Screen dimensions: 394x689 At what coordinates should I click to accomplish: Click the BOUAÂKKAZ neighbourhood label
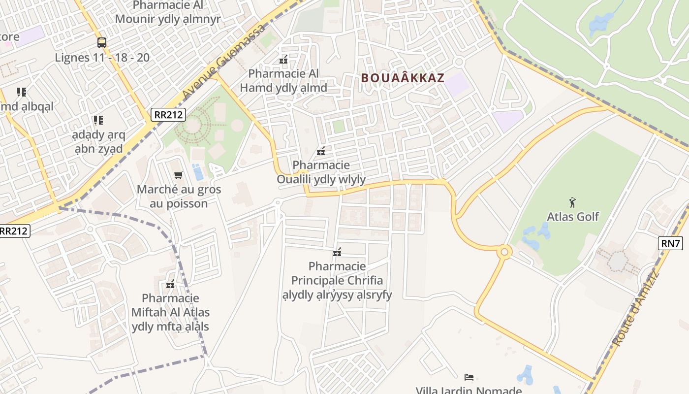click(403, 78)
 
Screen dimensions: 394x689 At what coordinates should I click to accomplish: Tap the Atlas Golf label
click(573, 216)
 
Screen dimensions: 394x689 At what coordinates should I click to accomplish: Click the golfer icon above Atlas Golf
click(572, 202)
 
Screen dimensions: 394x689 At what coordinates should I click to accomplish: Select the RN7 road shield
click(670, 243)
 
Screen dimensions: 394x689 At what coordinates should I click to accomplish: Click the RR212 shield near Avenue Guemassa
click(168, 115)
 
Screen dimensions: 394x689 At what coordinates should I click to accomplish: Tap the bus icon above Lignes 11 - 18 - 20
click(101, 43)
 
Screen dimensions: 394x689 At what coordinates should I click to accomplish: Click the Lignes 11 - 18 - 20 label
click(102, 57)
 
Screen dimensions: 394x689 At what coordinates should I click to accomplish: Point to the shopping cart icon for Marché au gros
click(179, 175)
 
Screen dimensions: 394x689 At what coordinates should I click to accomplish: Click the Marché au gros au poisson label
click(179, 196)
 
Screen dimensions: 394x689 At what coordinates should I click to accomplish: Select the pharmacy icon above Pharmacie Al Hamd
click(283, 60)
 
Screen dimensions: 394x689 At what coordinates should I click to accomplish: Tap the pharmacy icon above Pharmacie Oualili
click(321, 151)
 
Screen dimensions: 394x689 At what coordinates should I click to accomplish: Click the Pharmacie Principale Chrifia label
click(337, 280)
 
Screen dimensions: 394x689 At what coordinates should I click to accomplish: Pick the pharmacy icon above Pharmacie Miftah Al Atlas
click(170, 284)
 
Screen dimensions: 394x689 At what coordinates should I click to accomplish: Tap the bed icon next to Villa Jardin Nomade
click(469, 377)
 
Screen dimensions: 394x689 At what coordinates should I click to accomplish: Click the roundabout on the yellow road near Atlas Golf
click(504, 252)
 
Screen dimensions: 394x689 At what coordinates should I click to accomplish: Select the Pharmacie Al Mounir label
click(168, 12)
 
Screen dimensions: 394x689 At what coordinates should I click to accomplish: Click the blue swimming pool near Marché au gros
click(198, 172)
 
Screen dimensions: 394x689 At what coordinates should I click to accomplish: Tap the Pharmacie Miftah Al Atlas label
click(170, 312)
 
